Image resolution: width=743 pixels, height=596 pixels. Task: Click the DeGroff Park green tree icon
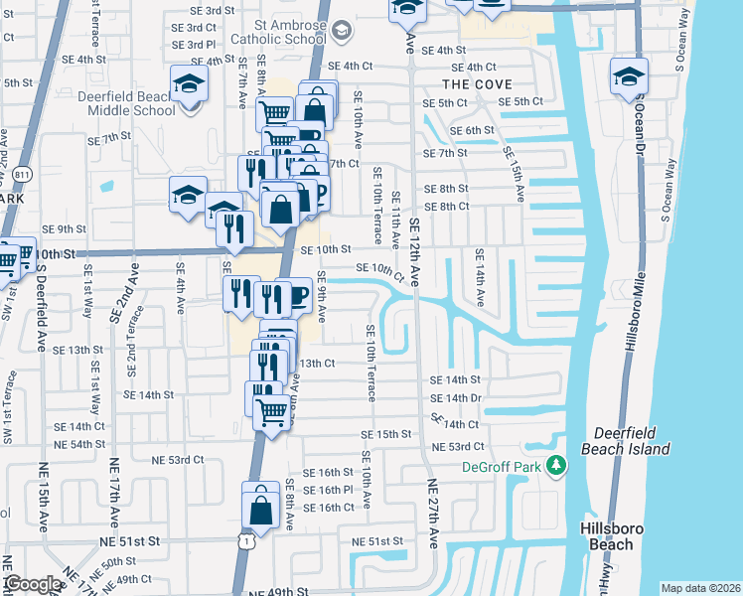pos(557,465)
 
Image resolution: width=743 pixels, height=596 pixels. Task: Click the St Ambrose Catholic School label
pos(276,31)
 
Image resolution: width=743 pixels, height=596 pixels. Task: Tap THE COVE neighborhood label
pos(478,84)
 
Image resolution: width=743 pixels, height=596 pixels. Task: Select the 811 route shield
pos(24,175)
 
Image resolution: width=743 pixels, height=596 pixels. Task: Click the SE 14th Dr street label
pos(456,397)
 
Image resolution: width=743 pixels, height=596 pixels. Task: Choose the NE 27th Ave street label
pos(433,515)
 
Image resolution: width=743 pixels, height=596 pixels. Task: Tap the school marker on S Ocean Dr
pos(630,75)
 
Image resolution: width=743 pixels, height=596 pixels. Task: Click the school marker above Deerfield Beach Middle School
pos(189,82)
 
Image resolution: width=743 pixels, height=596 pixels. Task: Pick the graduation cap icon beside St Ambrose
pos(342,30)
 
